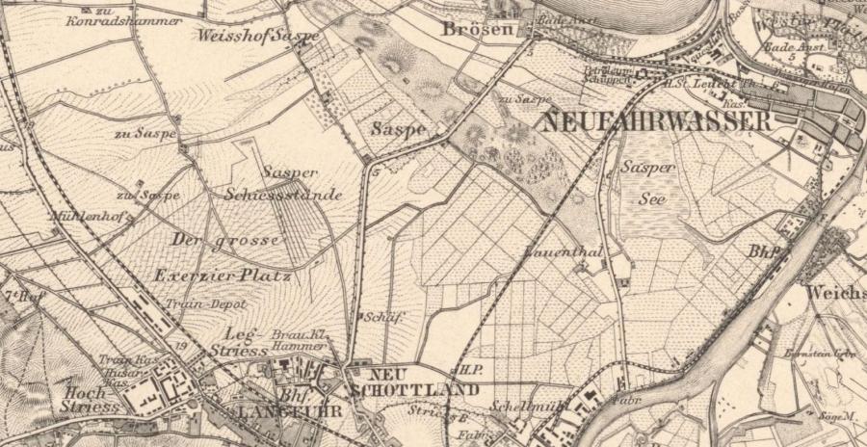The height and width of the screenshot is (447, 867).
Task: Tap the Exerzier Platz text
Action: click(x=223, y=276)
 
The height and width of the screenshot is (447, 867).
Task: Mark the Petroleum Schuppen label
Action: click(x=607, y=74)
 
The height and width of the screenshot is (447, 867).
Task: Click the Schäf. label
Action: click(x=381, y=316)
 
